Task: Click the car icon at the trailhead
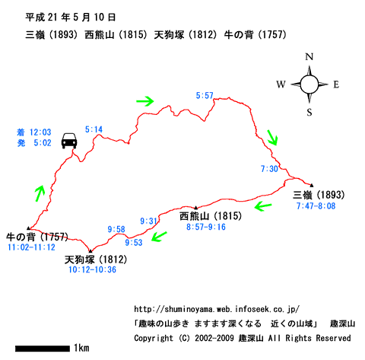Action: [x=69, y=141]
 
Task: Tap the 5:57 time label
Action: [x=205, y=96]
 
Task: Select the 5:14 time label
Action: [x=94, y=129]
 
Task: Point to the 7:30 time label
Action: [x=269, y=169]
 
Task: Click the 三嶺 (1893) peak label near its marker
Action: [x=319, y=195]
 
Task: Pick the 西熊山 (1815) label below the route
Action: [x=211, y=216]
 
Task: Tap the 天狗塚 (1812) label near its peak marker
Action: [x=96, y=260]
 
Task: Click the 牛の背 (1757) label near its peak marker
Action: [x=37, y=237]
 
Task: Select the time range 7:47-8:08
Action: [x=316, y=205]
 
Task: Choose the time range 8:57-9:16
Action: [x=206, y=227]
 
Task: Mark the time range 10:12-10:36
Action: [x=92, y=269]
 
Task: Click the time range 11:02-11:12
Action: [x=31, y=247]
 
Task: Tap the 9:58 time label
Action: [x=116, y=229]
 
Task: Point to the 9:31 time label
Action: [x=149, y=221]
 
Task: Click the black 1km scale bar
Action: [x=43, y=349]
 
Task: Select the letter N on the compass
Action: [x=309, y=56]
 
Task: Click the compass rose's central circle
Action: [x=309, y=84]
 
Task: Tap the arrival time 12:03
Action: [x=40, y=132]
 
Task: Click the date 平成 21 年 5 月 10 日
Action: [x=71, y=18]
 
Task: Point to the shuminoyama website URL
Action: [x=217, y=309]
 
